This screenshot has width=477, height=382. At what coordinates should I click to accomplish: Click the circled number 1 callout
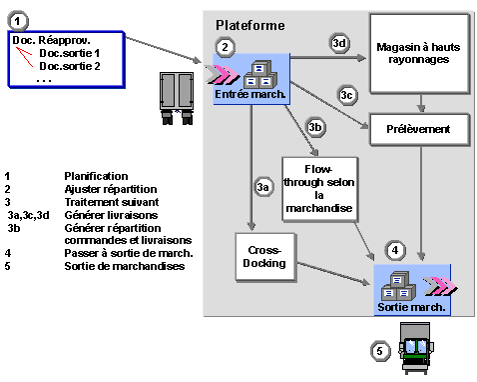(x=18, y=21)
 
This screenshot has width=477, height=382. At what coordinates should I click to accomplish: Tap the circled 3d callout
(x=339, y=43)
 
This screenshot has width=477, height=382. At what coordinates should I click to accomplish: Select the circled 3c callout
(x=347, y=95)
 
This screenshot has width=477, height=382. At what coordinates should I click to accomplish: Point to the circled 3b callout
(x=315, y=127)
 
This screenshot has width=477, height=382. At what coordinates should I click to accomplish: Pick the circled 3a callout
(x=263, y=187)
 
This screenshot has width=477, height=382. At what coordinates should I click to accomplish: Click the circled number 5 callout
(x=380, y=351)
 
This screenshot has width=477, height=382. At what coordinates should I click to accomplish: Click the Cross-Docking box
(x=265, y=257)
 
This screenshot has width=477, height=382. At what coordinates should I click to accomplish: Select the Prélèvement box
(x=420, y=129)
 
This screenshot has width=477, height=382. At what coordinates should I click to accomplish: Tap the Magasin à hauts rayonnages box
(x=419, y=54)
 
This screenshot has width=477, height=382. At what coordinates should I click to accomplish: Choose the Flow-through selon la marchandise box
(x=320, y=189)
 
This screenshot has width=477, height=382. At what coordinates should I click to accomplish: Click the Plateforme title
(x=250, y=26)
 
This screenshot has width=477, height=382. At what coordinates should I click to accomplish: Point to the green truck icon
(x=416, y=348)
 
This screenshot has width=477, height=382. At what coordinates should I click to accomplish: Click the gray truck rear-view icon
(x=177, y=98)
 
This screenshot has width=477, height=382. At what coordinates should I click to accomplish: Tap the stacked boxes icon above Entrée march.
(x=260, y=74)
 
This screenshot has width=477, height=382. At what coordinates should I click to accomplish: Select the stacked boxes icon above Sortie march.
(x=398, y=286)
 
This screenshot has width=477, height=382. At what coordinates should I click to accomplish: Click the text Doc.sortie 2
(x=70, y=66)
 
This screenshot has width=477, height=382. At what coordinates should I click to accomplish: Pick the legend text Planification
(x=96, y=176)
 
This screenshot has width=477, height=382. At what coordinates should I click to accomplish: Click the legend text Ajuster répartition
(x=111, y=189)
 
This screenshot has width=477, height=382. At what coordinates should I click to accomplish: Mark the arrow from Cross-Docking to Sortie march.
(x=333, y=274)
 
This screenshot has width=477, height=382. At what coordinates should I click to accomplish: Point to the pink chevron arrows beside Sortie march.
(x=439, y=286)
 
